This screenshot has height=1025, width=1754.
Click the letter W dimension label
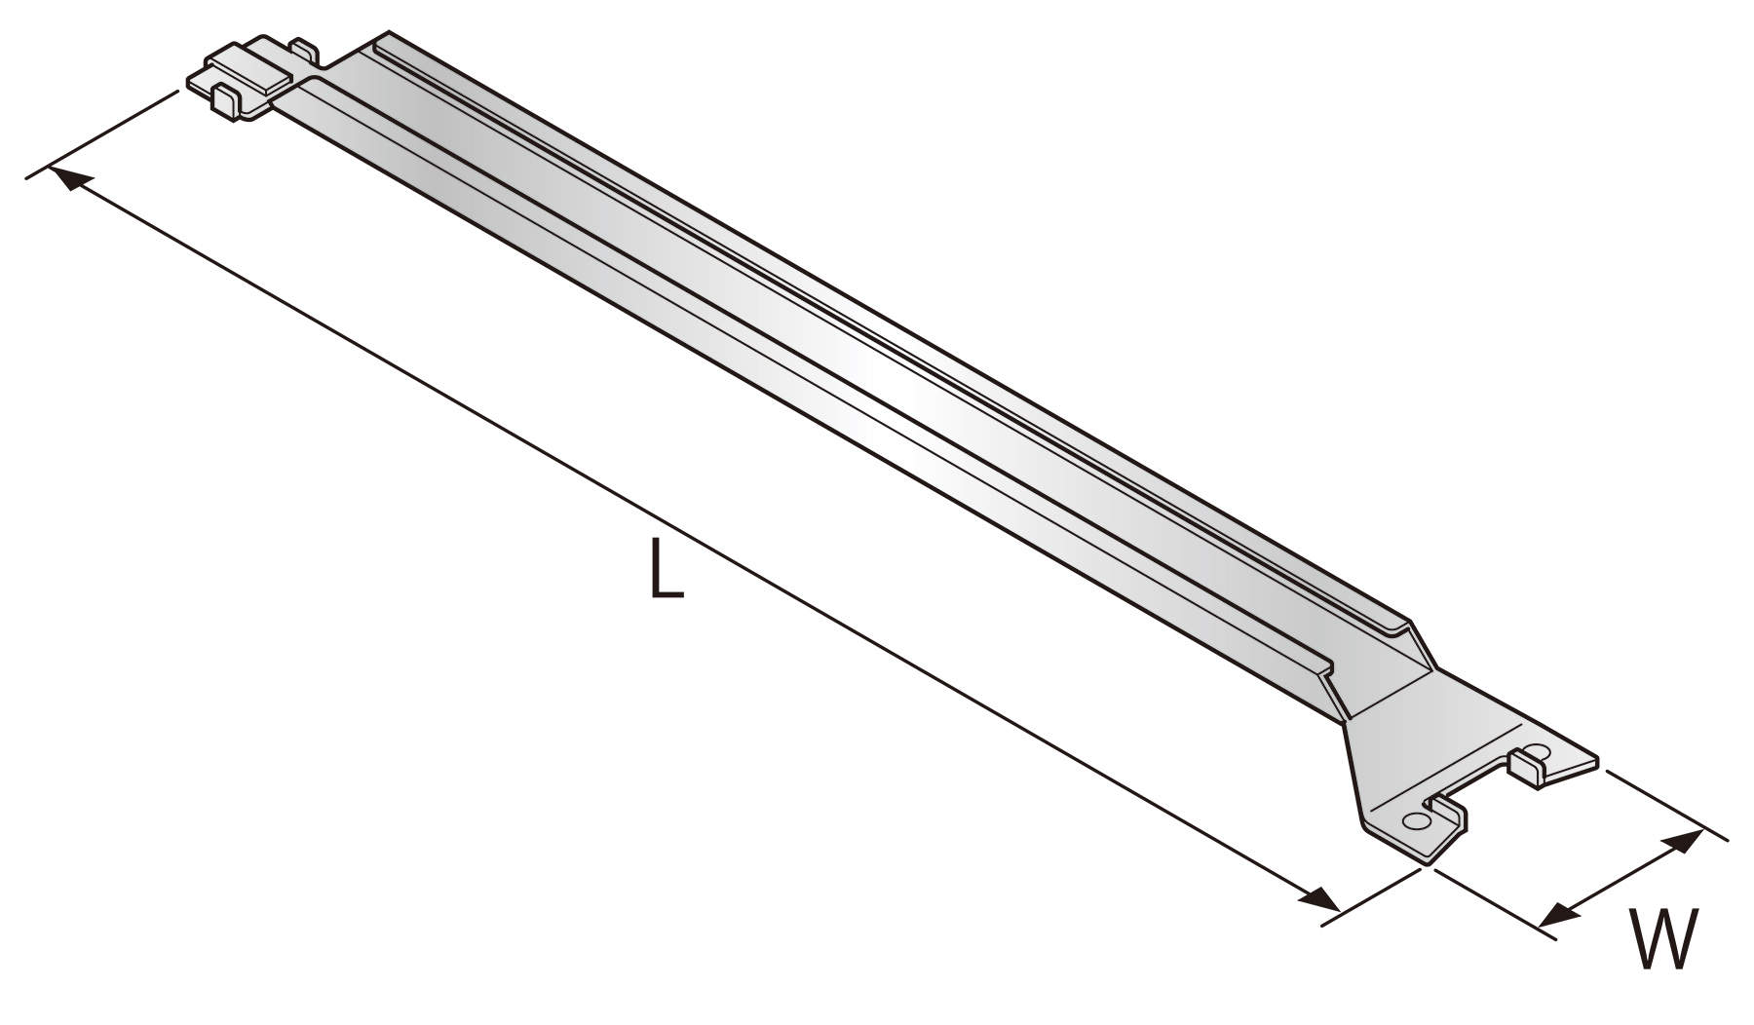point(1664,939)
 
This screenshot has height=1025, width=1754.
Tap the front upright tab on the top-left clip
point(224,102)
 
